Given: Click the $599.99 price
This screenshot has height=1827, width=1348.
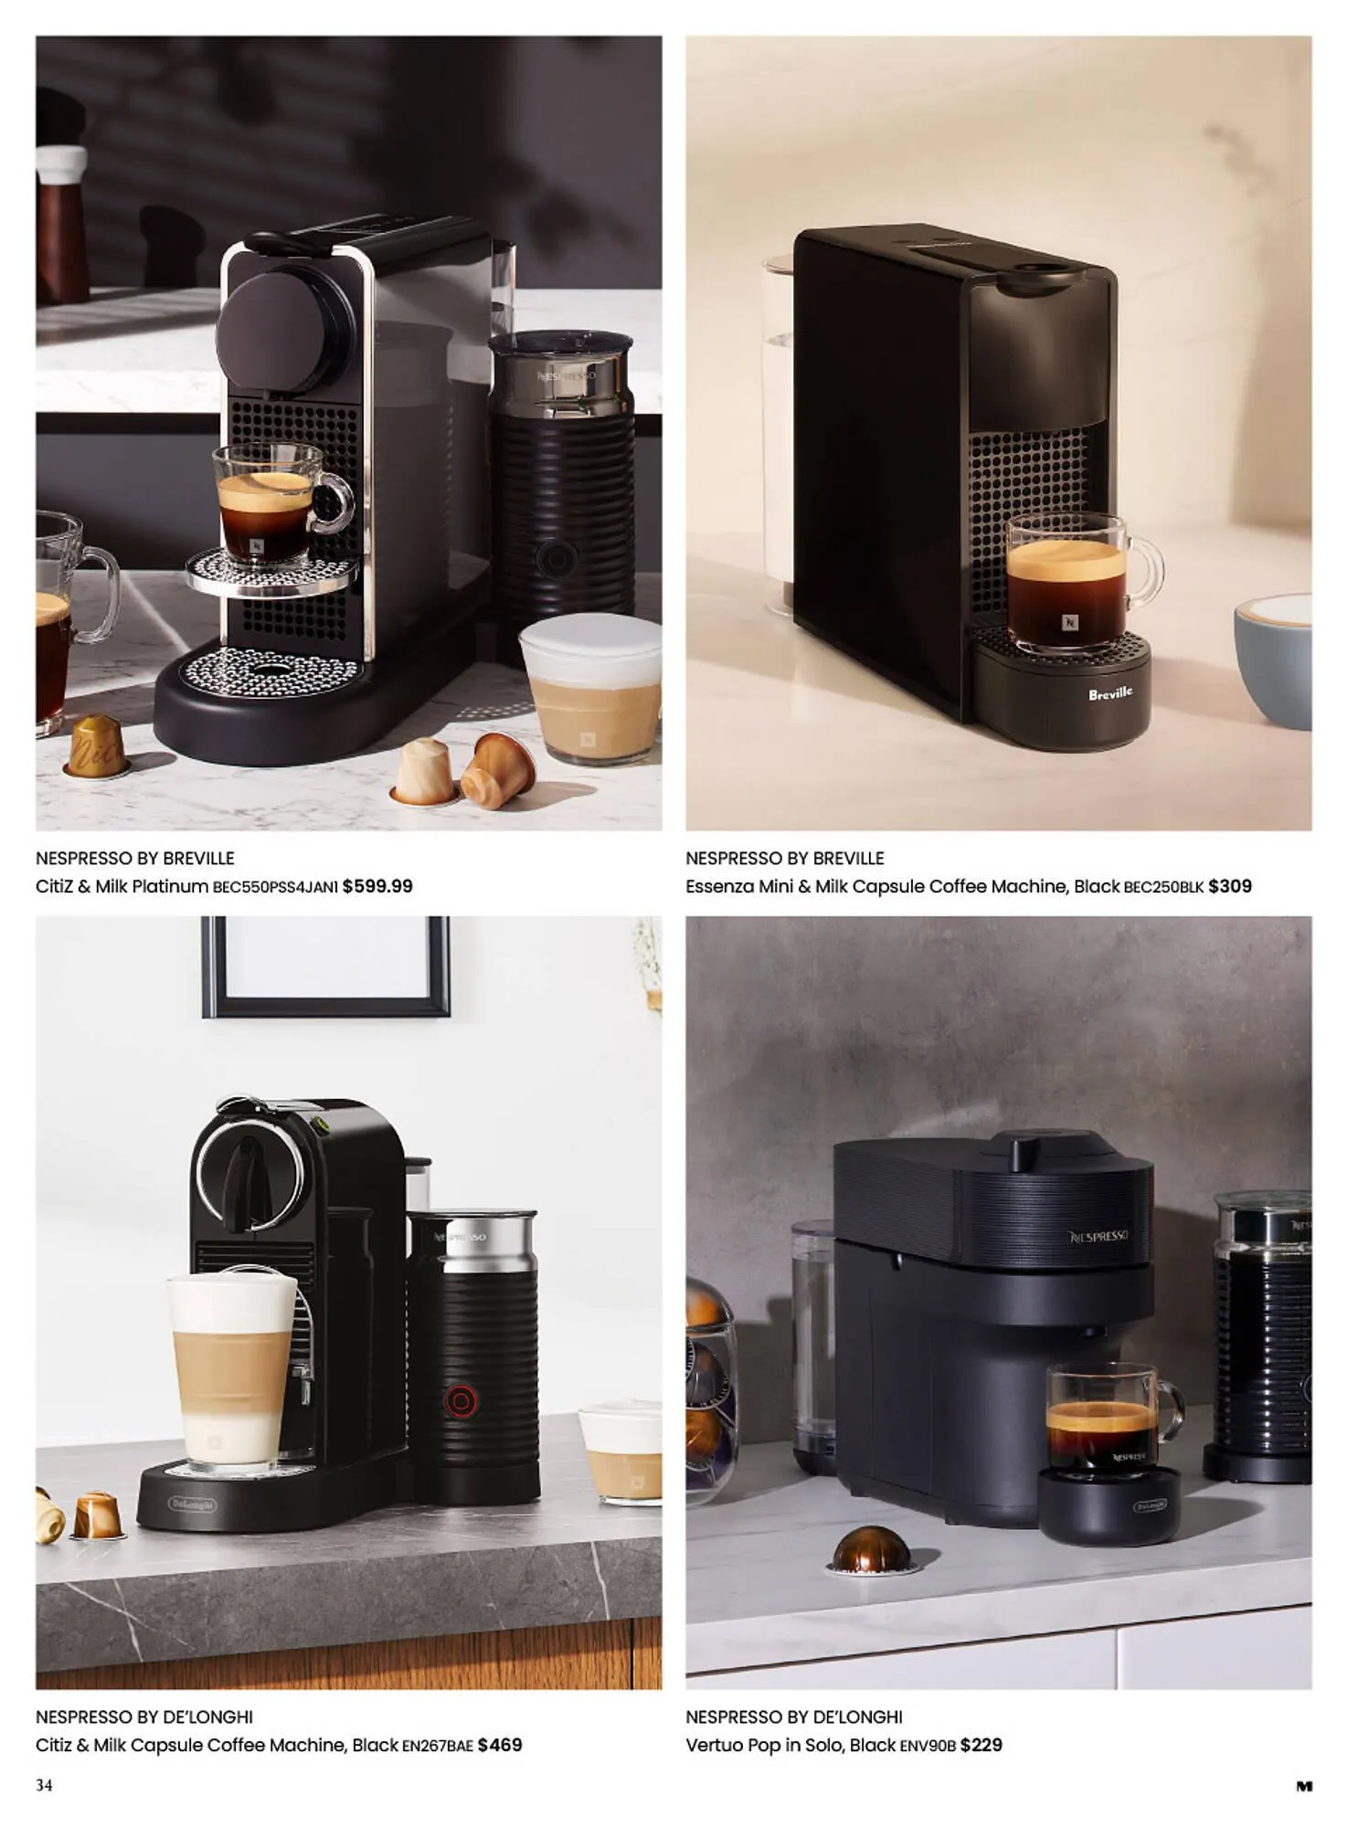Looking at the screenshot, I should coord(377,886).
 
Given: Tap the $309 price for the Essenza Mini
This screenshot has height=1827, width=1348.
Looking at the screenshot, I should coord(1229,886).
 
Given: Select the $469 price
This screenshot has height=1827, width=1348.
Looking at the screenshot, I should coord(500,1745).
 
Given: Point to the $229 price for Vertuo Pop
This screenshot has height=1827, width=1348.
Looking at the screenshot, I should coord(981,1745).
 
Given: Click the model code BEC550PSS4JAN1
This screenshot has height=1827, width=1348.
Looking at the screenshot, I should coord(275,887).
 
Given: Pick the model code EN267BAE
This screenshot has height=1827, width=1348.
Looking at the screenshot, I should coord(438,1746).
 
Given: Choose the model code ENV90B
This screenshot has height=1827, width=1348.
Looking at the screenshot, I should coord(928,1746).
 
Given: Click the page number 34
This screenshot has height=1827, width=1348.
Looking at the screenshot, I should coord(44,1785).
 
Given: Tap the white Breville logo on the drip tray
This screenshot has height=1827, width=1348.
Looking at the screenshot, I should coord(1109,693).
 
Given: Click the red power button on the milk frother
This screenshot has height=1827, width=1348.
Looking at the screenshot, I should coord(460,1401).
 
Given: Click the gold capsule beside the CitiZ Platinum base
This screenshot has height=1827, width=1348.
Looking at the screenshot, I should coord(97,745).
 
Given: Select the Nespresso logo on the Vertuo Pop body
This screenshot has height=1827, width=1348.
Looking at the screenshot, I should coord(1099,1237).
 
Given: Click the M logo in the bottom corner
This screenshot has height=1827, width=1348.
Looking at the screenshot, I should coord(1304,1786).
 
